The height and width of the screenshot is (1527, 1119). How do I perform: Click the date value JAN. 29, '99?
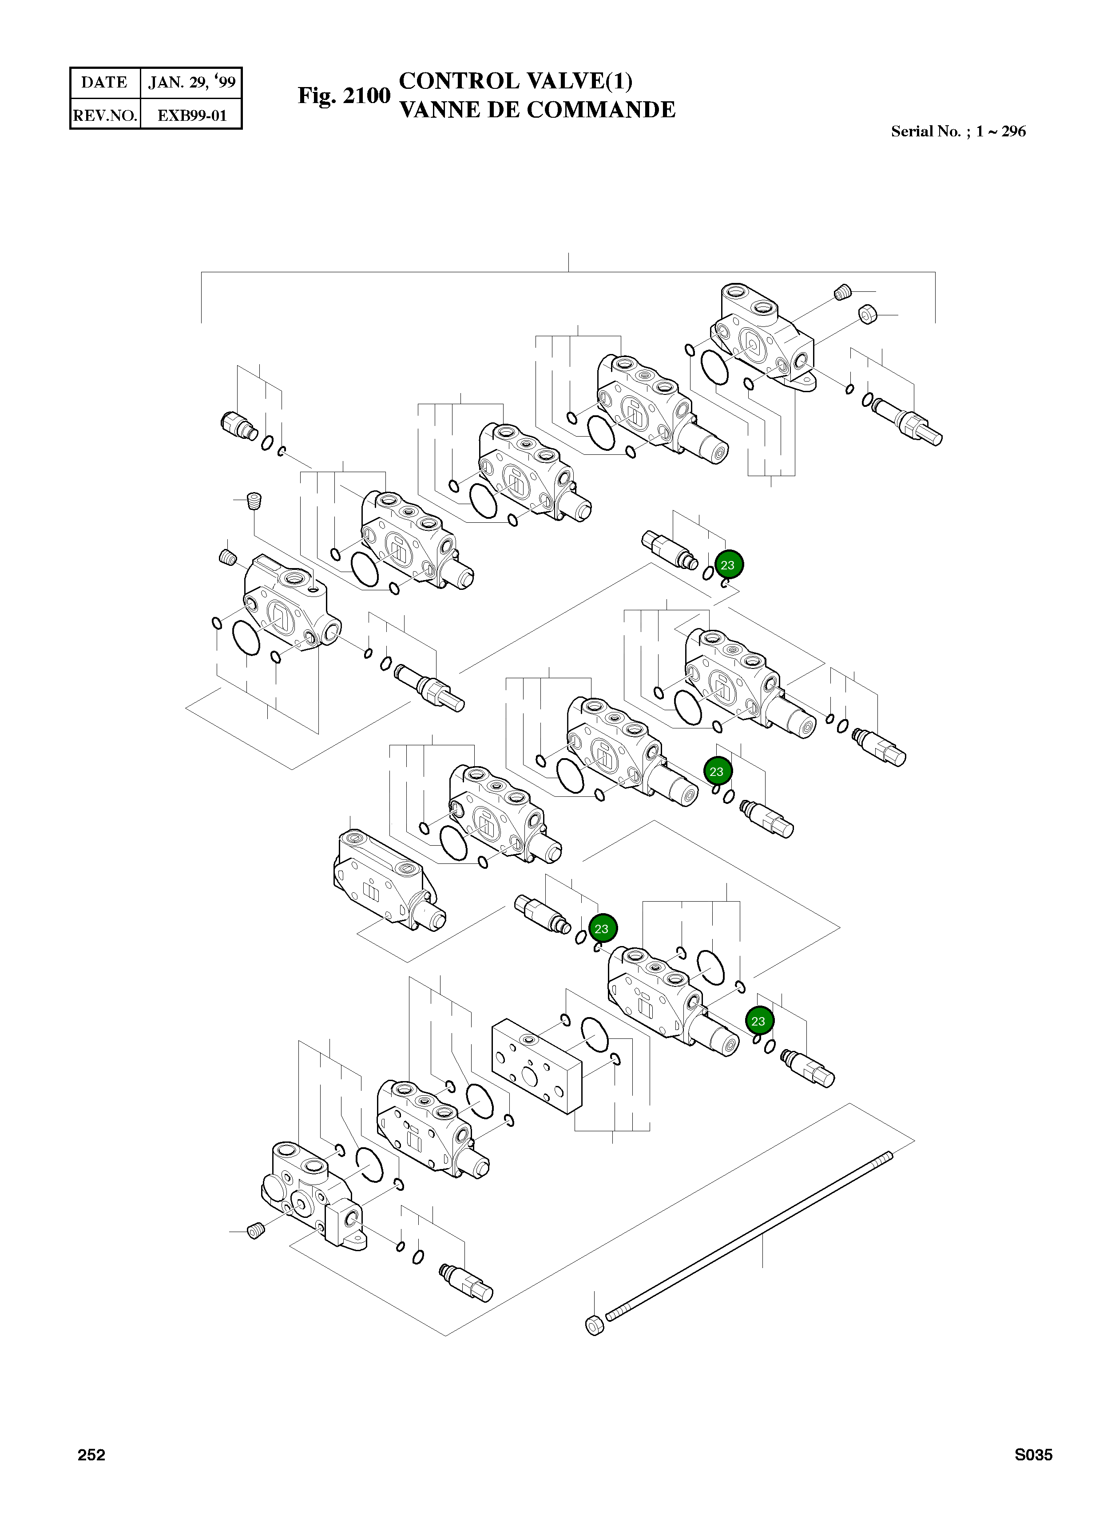192,83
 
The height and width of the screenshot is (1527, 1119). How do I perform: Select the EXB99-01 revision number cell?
192,115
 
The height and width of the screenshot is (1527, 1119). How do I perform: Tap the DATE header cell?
104,83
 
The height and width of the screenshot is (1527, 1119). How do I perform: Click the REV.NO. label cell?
105,115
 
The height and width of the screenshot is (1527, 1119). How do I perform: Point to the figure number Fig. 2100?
344,95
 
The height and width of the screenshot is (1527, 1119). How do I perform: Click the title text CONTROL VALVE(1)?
516,81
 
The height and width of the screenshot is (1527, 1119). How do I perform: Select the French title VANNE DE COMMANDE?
537,110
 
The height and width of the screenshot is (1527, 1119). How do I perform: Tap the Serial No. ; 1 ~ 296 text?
958,131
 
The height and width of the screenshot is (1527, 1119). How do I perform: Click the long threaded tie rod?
749,1237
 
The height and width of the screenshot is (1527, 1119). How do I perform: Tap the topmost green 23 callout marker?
727,565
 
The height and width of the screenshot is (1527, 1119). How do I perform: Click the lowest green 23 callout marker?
758,1021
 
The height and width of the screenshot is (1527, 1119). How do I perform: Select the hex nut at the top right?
868,314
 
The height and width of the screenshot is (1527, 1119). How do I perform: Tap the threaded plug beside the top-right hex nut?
841,293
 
